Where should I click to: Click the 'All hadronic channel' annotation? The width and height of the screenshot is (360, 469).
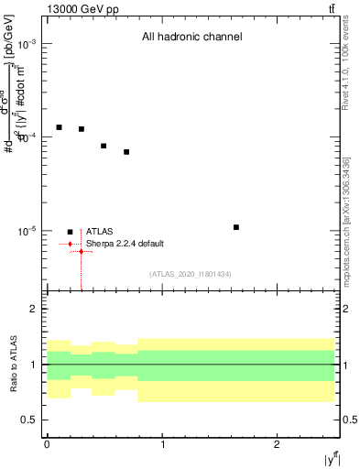click(191, 38)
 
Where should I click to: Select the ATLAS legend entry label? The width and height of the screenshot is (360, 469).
click(99, 232)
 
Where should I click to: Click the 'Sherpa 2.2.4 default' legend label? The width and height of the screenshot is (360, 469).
click(125, 244)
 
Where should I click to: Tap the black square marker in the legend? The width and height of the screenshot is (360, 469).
click(70, 232)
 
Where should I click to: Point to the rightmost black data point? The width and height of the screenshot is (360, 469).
click(236, 227)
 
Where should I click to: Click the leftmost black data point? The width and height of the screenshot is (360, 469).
click(59, 127)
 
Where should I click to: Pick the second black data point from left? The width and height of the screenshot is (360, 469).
click(82, 129)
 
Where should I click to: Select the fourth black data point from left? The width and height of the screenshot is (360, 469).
click(126, 152)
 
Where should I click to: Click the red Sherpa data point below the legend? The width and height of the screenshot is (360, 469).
click(82, 251)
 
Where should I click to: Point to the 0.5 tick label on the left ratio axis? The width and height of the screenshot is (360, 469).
click(29, 420)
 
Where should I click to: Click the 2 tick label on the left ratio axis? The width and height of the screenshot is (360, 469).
click(34, 309)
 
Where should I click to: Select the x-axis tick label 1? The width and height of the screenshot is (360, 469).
click(162, 444)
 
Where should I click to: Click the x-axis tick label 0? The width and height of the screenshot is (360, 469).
click(47, 444)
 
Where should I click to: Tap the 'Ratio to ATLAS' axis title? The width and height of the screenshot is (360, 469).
click(12, 365)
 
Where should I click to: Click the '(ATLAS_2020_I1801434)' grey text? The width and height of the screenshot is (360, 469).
click(191, 274)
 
